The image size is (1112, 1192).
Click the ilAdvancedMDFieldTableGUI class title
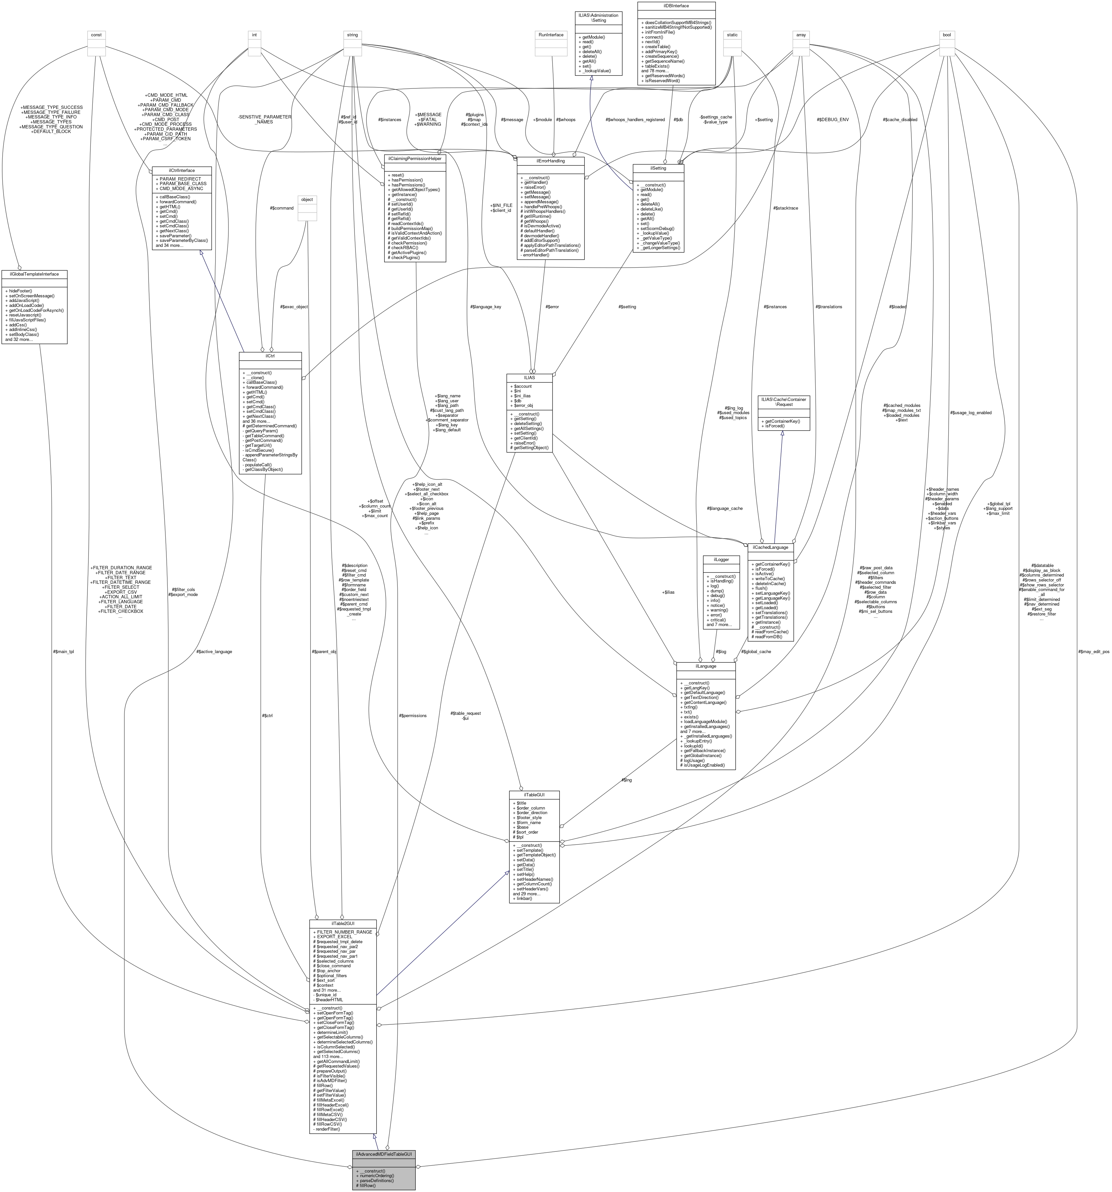(383, 1154)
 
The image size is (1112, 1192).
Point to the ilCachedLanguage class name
(770, 547)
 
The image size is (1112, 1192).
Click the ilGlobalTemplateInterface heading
(34, 274)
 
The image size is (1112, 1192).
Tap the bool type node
(946, 35)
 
